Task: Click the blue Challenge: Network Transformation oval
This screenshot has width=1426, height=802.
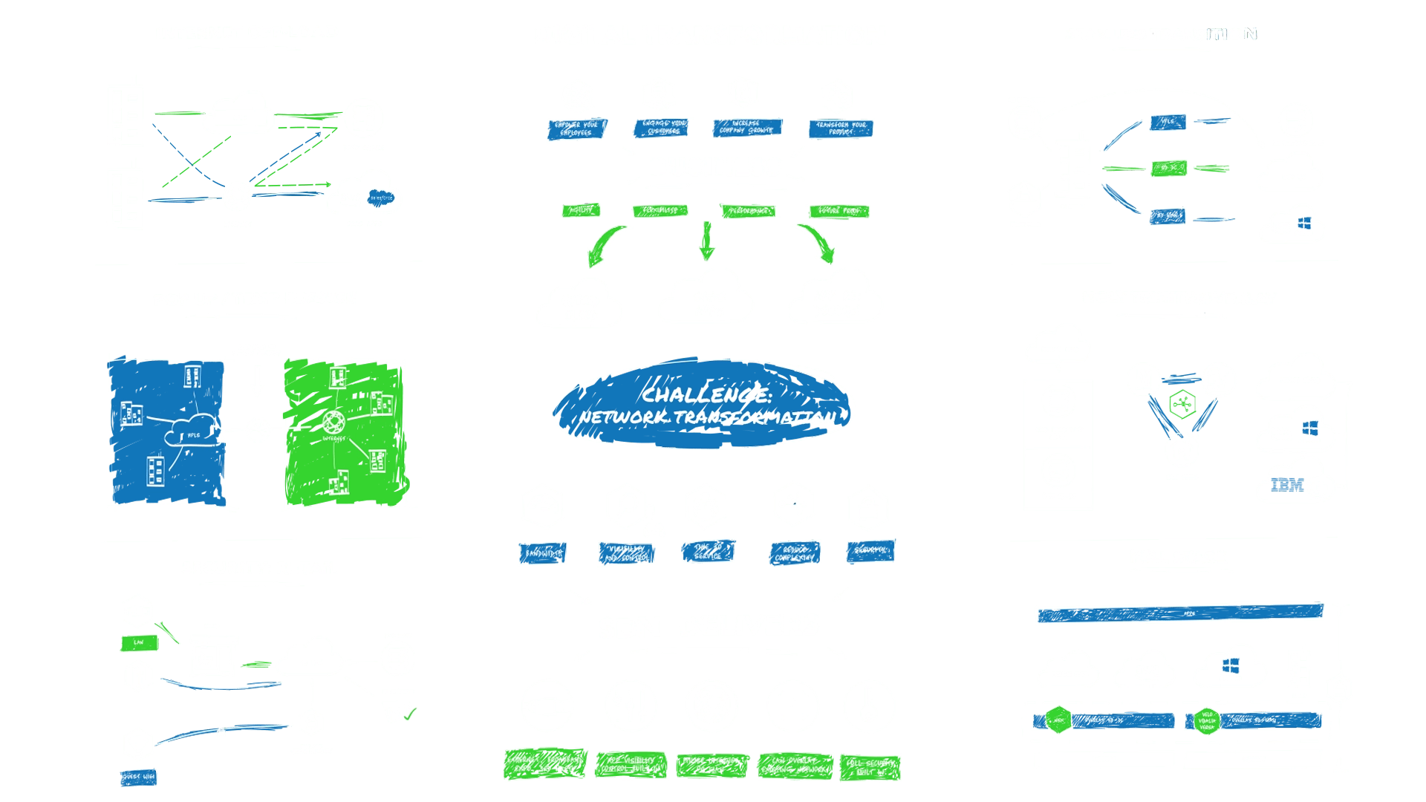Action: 706,405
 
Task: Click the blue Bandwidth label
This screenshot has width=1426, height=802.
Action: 543,553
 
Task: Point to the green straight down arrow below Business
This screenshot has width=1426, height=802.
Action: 706,241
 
